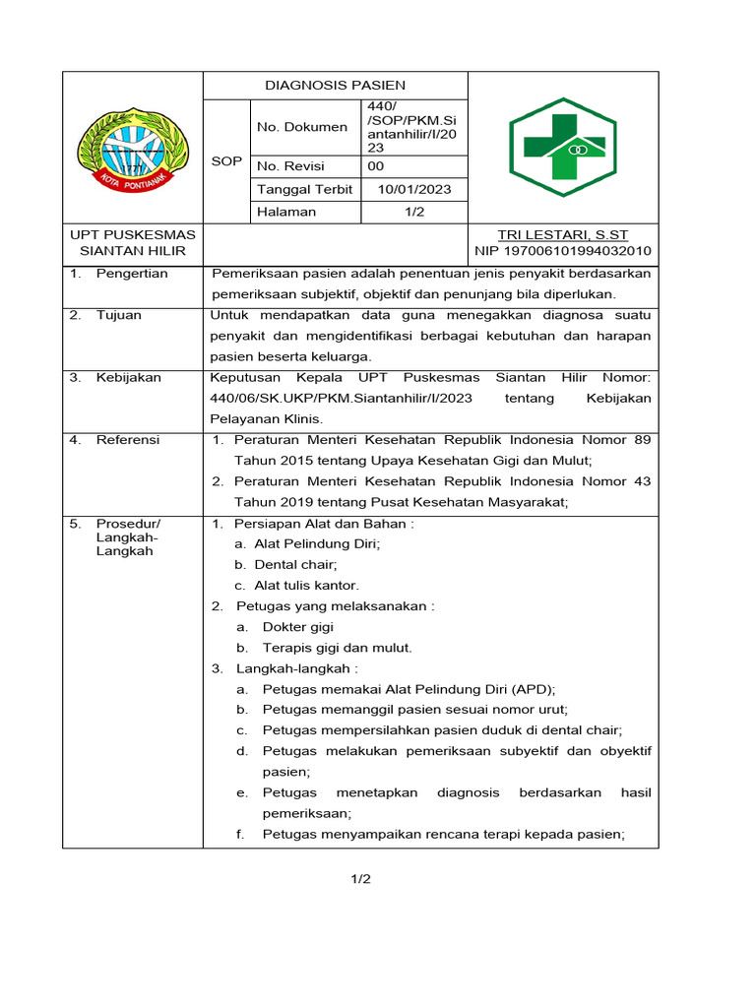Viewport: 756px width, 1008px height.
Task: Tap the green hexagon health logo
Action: (562, 147)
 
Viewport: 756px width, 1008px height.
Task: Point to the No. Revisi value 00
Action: (376, 166)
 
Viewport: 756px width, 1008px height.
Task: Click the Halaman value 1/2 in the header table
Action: (413, 212)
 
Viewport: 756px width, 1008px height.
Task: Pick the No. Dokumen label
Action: (302, 127)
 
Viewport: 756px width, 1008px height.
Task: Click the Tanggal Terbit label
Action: (304, 189)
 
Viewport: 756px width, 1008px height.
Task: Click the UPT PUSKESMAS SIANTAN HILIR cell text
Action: (133, 243)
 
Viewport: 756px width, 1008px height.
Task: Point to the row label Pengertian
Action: (132, 274)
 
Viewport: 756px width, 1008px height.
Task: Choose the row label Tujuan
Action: (118, 315)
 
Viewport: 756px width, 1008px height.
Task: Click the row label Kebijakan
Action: (128, 377)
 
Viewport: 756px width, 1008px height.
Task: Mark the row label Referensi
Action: (128, 440)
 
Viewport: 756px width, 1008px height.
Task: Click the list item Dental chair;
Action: (295, 565)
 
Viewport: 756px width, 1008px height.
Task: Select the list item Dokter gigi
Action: (298, 627)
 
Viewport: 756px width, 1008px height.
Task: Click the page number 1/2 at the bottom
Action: (360, 879)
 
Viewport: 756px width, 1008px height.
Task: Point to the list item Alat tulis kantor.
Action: (306, 586)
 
